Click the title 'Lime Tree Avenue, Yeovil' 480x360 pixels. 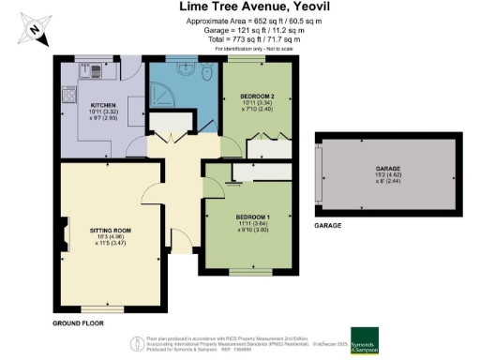[240, 7]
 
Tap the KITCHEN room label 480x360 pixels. [102, 105]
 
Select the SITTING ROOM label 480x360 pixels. [111, 230]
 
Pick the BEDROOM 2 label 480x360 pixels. [257, 97]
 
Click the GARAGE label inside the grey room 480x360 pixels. [387, 169]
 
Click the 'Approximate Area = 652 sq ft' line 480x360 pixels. [240, 22]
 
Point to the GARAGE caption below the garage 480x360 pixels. [327, 226]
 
